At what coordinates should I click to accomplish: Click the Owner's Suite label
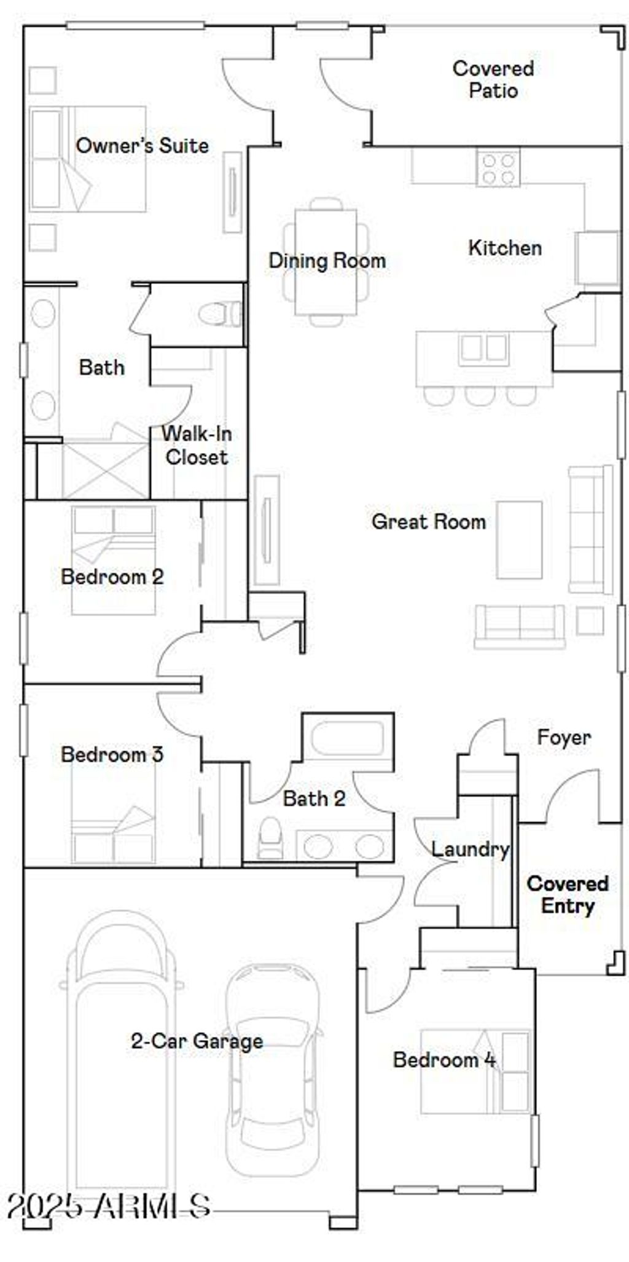[x=142, y=146]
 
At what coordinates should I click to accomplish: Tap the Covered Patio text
[x=493, y=79]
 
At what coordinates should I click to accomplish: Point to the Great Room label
[x=428, y=522]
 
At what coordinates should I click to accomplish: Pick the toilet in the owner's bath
[x=220, y=314]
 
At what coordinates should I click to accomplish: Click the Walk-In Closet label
[x=197, y=445]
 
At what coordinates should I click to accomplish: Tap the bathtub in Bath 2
[x=347, y=737]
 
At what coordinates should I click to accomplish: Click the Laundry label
[x=470, y=849]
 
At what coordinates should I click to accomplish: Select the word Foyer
[x=563, y=737]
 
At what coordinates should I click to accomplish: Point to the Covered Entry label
[x=568, y=894]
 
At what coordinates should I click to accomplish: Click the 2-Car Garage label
[x=197, y=1041]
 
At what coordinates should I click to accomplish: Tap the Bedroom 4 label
[x=443, y=1060]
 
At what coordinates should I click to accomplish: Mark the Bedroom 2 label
[x=112, y=577]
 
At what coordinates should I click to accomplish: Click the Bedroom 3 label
[x=112, y=754]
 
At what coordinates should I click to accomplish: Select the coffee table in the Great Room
[x=519, y=540]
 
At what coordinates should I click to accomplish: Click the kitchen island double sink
[x=483, y=348]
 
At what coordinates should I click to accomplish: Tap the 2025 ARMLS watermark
[x=109, y=1206]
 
